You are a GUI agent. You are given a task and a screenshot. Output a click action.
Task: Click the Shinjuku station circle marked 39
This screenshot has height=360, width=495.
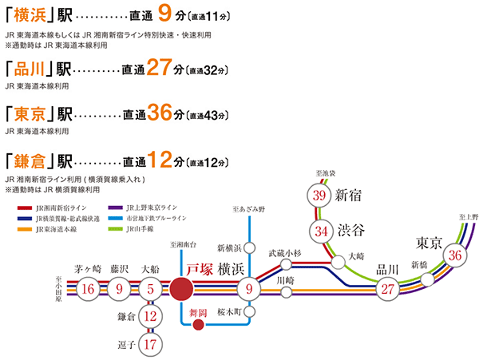click(x=321, y=196)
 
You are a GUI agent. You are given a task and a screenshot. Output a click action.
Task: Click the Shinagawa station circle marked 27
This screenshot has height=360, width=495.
click(x=389, y=289)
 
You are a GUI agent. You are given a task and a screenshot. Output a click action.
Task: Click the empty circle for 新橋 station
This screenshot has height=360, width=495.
click(x=428, y=279)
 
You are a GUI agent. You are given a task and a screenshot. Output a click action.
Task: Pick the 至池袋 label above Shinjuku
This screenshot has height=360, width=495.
click(x=327, y=172)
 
